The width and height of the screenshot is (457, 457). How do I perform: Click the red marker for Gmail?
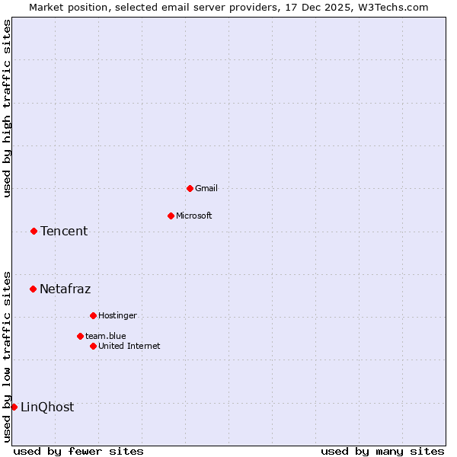[x=190, y=188]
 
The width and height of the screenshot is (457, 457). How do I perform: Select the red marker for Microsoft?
[x=171, y=216]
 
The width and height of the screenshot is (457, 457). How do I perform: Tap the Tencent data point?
[x=34, y=231]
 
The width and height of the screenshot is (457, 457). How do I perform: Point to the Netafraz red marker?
[x=33, y=289]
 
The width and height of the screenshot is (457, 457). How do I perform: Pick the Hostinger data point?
[x=93, y=315]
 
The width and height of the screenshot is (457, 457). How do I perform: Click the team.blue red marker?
[x=80, y=336]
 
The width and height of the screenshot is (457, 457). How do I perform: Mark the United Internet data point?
[x=93, y=346]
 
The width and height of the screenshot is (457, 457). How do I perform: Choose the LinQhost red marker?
[x=14, y=407]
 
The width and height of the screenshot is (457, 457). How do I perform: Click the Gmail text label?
[x=206, y=188]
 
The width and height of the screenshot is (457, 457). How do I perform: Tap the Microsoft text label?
[x=194, y=216]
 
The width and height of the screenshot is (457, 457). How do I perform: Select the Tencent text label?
[x=64, y=232]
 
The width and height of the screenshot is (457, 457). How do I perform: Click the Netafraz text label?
[x=65, y=289]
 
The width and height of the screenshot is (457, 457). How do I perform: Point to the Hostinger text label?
[x=117, y=315]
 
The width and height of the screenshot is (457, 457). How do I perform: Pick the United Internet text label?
[x=129, y=346]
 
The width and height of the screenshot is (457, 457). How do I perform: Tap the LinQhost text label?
[x=47, y=407]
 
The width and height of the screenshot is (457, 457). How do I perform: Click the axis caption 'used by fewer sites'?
[x=78, y=451]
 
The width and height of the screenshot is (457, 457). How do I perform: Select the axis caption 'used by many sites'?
[x=382, y=451]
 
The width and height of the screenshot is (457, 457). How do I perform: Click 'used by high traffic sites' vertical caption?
[x=7, y=108]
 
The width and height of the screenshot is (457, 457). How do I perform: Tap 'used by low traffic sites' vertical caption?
[x=7, y=356]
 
